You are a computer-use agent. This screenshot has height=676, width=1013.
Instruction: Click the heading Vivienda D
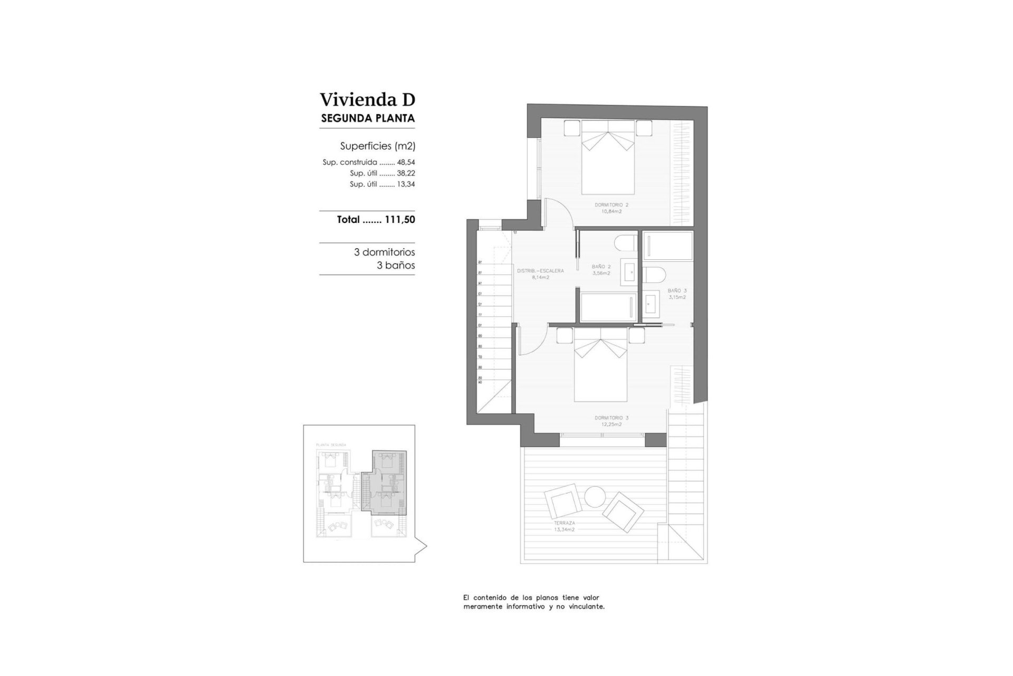coord(367,99)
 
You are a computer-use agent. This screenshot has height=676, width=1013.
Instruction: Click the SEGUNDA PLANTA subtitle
coord(368,118)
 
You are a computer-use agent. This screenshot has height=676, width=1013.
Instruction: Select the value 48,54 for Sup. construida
coord(406,163)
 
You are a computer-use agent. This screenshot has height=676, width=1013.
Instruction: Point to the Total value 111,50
coord(399,220)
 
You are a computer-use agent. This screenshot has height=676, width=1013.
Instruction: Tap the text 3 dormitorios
coord(384,252)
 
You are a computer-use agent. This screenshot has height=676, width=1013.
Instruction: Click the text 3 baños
coord(396,266)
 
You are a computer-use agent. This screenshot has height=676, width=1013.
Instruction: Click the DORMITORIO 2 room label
coord(611,204)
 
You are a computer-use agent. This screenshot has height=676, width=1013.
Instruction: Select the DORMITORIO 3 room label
coord(611,418)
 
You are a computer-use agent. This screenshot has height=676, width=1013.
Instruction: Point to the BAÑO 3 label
coord(677,290)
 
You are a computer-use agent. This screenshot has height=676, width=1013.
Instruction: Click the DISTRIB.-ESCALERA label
coord(540,271)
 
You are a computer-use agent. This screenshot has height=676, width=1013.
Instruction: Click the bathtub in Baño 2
coord(606,306)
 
